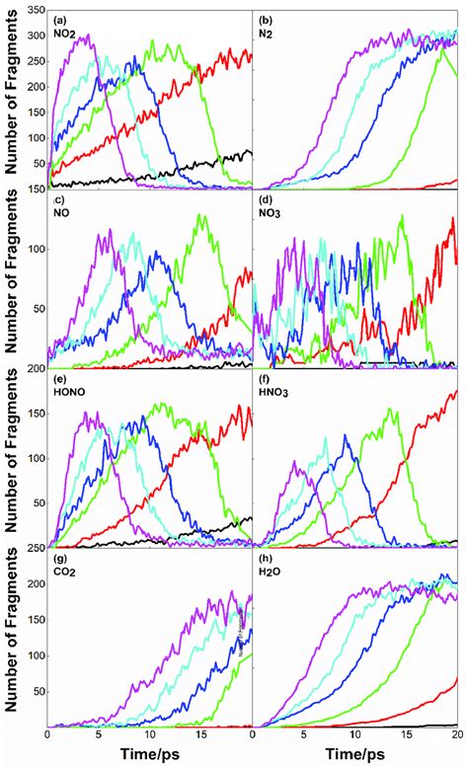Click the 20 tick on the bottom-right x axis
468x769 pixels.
pyautogui.click(x=457, y=735)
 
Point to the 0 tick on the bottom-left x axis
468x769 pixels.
pyautogui.click(x=47, y=735)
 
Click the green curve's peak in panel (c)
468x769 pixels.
pyautogui.click(x=202, y=216)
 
